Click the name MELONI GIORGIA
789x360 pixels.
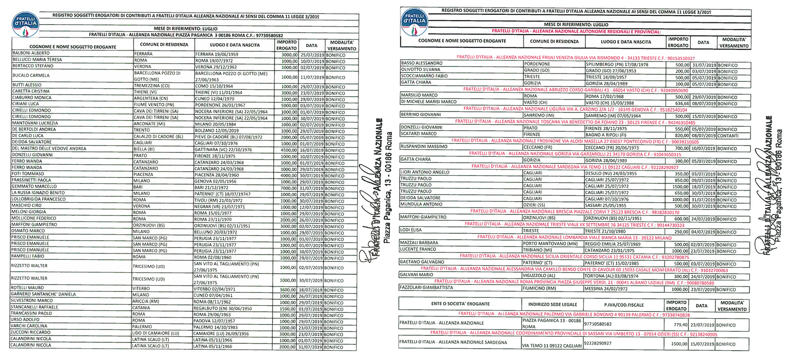tap(29, 212)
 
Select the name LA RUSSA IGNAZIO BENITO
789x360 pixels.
tap(38, 193)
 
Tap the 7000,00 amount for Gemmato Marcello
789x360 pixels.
tap(289, 188)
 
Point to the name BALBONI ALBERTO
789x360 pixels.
tap(31, 53)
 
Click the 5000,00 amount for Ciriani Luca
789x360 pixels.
tap(289, 106)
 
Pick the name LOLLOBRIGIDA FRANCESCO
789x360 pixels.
tap(38, 199)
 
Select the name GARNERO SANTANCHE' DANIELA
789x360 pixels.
tap(43, 294)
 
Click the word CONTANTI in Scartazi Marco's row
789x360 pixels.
tap(727, 136)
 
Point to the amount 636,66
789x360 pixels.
tap(682, 104)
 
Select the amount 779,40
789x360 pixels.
tap(681, 325)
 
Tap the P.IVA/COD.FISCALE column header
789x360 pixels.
tap(624, 305)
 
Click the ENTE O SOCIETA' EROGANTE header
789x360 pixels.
tap(460, 304)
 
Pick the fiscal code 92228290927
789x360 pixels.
tap(598, 343)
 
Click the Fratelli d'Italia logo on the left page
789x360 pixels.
tap(25, 24)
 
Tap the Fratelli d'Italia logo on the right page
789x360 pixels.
tap(414, 22)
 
